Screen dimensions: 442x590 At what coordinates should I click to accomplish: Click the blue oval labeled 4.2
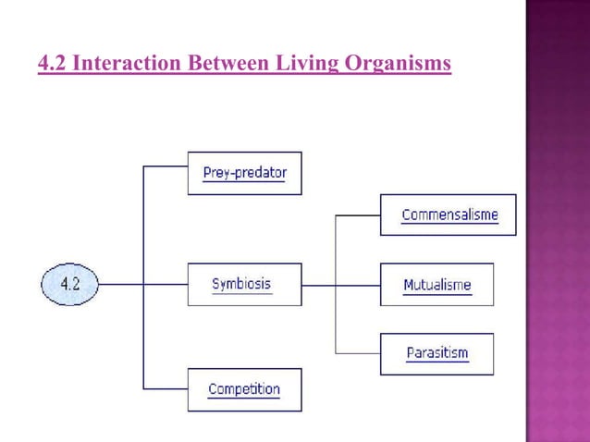(70, 284)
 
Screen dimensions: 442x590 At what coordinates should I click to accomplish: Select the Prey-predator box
(244, 173)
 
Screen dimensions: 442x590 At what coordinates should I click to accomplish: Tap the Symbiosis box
(244, 284)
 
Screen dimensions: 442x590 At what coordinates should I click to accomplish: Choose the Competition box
(244, 389)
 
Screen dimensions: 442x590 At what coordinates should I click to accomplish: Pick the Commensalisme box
(449, 215)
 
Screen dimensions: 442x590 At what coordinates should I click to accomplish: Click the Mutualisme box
(436, 284)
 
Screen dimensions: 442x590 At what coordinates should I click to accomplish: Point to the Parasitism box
(436, 353)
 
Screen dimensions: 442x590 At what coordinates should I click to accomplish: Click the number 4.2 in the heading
(52, 64)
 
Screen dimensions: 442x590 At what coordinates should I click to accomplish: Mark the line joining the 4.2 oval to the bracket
(120, 285)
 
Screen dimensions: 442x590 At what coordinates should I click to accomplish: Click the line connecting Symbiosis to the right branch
(318, 285)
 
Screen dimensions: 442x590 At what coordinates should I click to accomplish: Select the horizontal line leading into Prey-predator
(166, 166)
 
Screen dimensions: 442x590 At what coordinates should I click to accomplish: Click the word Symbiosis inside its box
(242, 283)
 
